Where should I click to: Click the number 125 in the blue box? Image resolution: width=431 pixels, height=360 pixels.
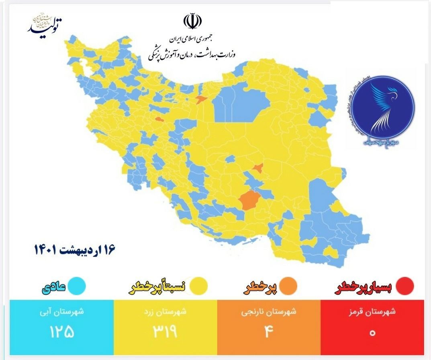coord(62,332)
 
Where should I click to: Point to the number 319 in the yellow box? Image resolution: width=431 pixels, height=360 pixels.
coord(165,332)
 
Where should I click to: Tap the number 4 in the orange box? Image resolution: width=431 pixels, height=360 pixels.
coord(269,332)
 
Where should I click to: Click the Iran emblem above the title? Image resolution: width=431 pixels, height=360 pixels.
coord(192,22)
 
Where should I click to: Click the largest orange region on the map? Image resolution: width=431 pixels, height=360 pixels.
coord(249,200)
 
